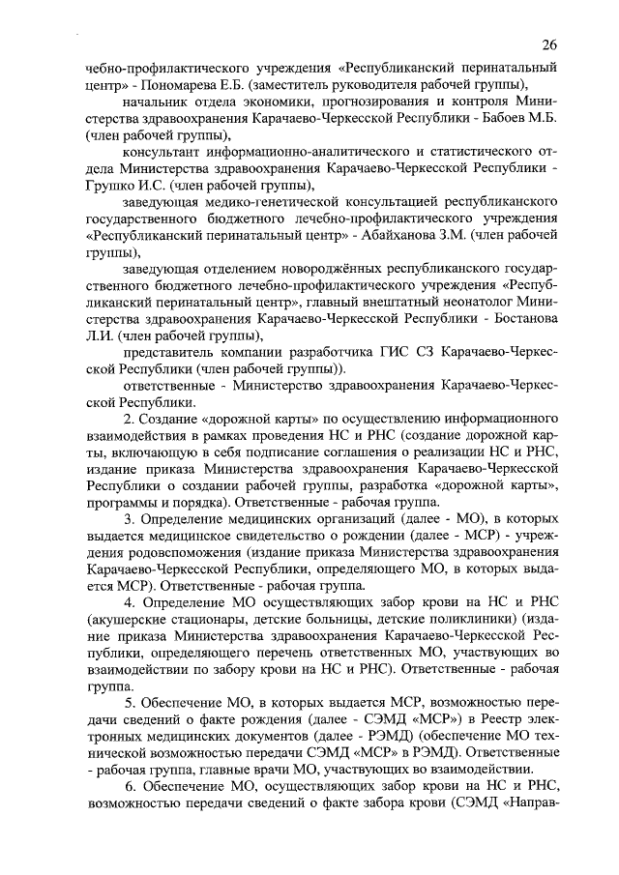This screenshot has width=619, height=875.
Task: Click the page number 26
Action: (x=549, y=45)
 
